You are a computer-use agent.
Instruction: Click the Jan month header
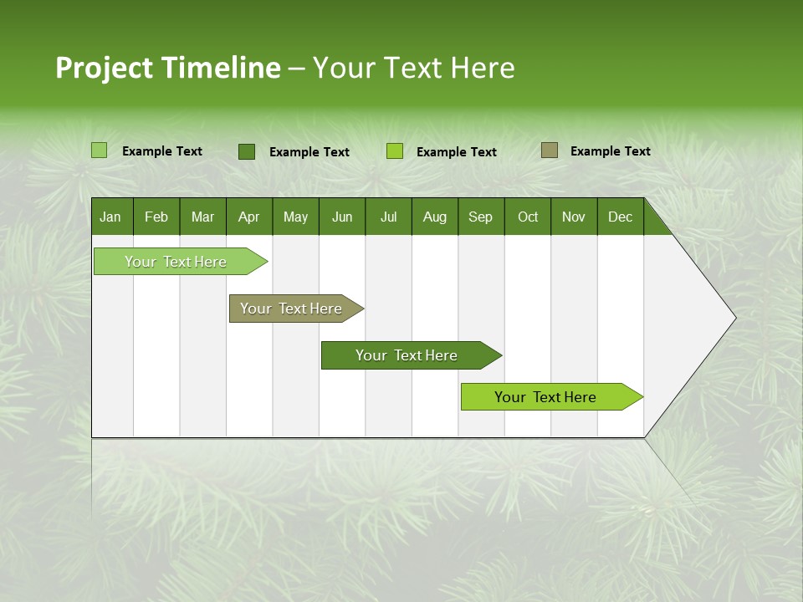(110, 217)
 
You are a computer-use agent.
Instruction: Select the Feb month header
(156, 217)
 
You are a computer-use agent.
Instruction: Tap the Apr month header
(248, 217)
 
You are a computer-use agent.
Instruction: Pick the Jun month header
(342, 217)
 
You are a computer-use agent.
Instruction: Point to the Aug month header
(435, 217)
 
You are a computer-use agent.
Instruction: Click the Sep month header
(480, 217)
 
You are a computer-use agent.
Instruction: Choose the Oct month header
(528, 217)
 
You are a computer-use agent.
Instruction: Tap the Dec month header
(620, 217)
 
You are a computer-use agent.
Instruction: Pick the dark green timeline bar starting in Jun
(407, 355)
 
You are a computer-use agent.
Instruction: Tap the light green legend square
(100, 150)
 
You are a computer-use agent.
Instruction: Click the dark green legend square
(247, 151)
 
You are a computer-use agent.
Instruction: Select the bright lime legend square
(395, 151)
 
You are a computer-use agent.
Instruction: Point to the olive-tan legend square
(550, 150)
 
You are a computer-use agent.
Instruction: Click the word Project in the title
(103, 68)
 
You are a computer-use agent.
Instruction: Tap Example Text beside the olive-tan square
(610, 150)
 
